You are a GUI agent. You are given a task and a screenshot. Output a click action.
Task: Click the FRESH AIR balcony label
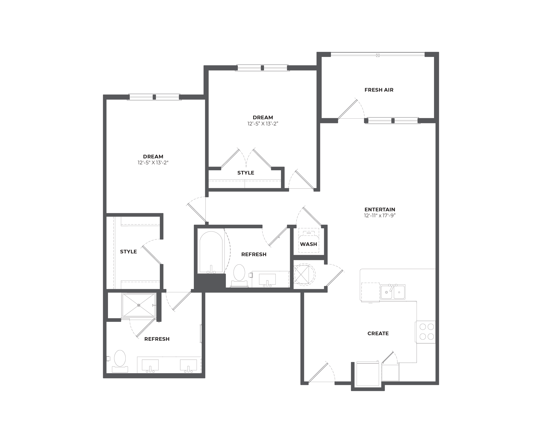379,90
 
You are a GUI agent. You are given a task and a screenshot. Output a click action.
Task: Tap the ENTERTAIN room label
380,210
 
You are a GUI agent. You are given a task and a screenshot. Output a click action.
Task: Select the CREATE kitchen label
378,333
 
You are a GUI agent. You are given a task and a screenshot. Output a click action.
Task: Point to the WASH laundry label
308,244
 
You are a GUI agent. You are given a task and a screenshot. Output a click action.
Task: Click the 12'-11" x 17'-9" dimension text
380,216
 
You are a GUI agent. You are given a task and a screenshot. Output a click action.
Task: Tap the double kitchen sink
393,292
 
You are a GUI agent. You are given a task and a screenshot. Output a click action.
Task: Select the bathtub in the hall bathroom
211,251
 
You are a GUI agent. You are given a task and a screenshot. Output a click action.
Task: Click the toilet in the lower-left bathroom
120,361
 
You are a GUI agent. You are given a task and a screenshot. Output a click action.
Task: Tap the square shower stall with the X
139,305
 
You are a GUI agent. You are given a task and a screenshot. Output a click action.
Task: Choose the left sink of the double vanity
150,366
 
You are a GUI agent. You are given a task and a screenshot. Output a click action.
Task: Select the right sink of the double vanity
188,366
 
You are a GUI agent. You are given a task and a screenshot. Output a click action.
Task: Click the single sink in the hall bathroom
267,280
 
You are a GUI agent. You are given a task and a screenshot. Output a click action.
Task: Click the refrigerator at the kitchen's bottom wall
367,374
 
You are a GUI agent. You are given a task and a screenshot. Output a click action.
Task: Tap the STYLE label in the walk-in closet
128,252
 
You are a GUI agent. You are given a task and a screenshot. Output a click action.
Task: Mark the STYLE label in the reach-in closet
246,173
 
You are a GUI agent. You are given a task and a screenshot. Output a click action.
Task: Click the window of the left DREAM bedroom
154,97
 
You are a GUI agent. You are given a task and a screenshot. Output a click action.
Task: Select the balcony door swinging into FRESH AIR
348,109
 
